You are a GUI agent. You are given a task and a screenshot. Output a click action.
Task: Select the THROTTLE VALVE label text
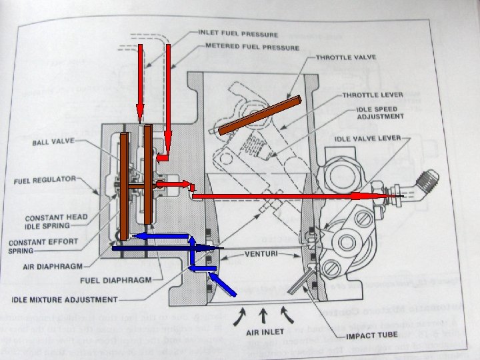(345, 58)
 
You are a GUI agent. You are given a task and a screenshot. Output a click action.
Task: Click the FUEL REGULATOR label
(45, 180)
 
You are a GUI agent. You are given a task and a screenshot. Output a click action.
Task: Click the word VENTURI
(261, 254)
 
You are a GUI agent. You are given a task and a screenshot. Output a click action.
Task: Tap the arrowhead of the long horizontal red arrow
(363, 197)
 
